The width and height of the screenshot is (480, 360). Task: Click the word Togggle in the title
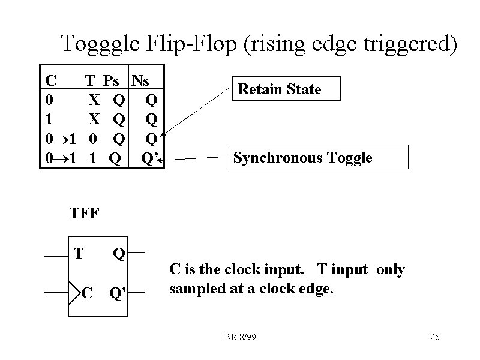(x=100, y=44)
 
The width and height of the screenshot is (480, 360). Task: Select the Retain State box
(x=286, y=89)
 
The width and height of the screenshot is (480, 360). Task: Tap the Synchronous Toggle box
(x=319, y=157)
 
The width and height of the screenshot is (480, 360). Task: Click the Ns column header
(x=140, y=80)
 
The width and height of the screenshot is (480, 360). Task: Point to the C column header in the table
(x=51, y=80)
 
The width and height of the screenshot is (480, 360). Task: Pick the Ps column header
(x=111, y=80)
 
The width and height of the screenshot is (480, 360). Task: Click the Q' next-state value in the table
(x=149, y=158)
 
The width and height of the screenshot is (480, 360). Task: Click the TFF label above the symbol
(x=84, y=214)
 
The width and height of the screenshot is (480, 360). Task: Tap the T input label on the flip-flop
(x=78, y=254)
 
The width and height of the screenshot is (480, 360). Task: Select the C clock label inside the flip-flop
(x=87, y=293)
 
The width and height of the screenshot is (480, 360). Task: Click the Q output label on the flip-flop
(x=119, y=254)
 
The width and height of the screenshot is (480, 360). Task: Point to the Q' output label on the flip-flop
(x=117, y=294)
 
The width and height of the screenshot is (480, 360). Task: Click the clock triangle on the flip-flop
(x=74, y=293)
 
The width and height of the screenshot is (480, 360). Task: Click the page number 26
(x=435, y=337)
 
